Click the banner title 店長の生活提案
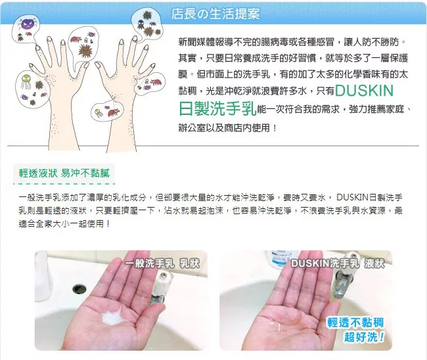[x=215, y=14]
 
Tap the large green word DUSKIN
[x=364, y=91]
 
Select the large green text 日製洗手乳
[x=217, y=108]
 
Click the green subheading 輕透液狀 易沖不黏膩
[x=64, y=173]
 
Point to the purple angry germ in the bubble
[x=28, y=24]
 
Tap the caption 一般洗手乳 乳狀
[x=163, y=263]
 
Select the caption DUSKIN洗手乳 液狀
[x=338, y=263]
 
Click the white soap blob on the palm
[x=112, y=316]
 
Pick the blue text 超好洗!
[x=365, y=336]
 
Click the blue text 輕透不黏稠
[x=355, y=323]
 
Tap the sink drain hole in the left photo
[x=79, y=288]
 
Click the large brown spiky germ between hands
[x=85, y=51]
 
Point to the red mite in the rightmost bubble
[x=156, y=81]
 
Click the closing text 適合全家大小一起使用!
[x=64, y=224]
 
